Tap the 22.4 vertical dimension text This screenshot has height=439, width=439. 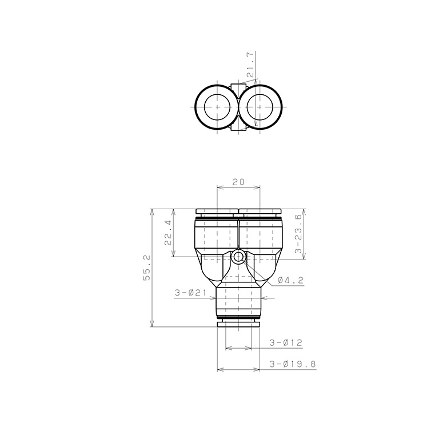(x=167, y=233)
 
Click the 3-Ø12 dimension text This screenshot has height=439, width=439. (x=285, y=343)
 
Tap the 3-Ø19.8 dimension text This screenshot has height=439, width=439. (x=292, y=364)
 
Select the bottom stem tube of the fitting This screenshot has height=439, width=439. (x=238, y=300)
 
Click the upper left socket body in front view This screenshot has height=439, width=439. (x=215, y=237)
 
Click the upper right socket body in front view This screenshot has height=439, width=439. (x=261, y=237)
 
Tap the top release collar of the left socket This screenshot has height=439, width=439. (x=217, y=211)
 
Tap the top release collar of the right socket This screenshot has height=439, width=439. (x=261, y=211)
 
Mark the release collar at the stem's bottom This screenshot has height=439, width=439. (x=238, y=324)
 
